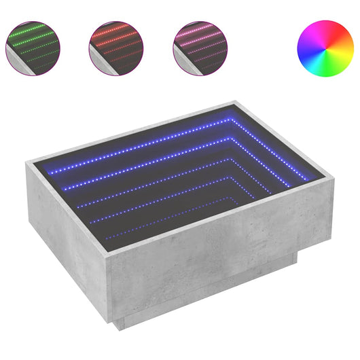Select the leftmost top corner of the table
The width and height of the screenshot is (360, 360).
tap(25, 162)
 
